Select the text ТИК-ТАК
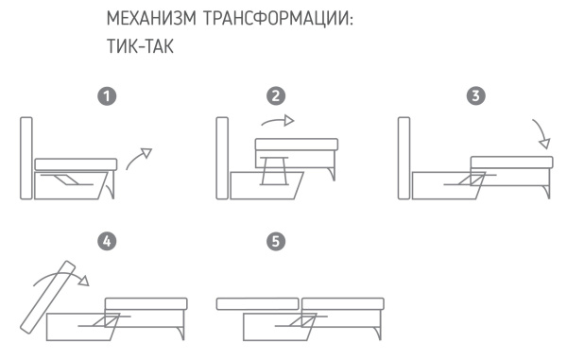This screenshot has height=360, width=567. tap(144, 46)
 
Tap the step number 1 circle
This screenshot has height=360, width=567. tap(110, 96)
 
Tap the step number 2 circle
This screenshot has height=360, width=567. tap(275, 96)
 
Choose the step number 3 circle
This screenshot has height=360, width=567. tap(476, 96)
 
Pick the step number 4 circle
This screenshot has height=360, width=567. tap(110, 242)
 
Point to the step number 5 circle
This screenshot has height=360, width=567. tap(275, 242)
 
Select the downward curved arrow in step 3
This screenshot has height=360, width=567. tap(541, 135)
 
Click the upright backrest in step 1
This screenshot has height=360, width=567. tap(26, 158)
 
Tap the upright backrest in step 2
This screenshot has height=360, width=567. tap(222, 158)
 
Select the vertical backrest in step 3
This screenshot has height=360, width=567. tap(404, 158)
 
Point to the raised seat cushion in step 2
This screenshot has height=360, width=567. tap(296, 144)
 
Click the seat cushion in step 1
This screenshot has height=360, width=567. tap(76, 164)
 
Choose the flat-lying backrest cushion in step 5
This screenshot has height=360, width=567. tap(257, 304)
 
